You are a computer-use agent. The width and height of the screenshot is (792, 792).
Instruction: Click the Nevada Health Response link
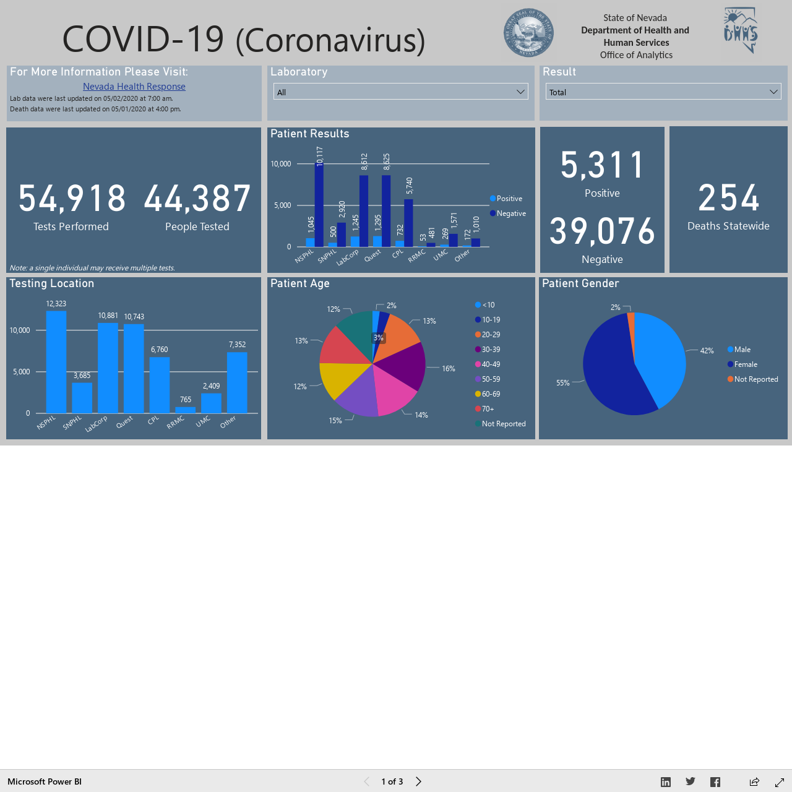(134, 86)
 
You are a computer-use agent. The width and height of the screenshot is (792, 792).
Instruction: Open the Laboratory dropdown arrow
(520, 92)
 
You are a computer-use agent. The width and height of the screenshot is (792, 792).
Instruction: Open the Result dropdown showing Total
(663, 92)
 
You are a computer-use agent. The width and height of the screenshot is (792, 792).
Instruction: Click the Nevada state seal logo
(528, 32)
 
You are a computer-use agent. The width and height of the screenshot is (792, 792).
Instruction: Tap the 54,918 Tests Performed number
(72, 199)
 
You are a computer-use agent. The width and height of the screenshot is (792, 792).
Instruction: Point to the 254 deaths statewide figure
(728, 198)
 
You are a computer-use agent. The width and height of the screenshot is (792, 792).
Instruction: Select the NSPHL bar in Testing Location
(56, 362)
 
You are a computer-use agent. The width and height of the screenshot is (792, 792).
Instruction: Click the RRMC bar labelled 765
(186, 410)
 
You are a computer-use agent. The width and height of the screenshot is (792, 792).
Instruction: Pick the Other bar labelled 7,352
(237, 382)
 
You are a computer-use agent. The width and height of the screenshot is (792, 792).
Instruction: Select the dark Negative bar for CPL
(408, 223)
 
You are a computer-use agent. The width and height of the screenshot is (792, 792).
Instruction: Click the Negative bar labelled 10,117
(319, 205)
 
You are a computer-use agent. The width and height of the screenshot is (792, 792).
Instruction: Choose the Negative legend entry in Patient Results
(508, 213)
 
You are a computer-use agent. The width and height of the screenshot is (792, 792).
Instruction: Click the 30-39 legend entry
(488, 350)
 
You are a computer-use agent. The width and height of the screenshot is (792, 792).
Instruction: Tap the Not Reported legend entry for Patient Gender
(752, 379)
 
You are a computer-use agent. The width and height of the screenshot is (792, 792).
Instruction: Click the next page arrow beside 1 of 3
(418, 781)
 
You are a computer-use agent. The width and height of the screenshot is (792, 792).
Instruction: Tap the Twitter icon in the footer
(691, 781)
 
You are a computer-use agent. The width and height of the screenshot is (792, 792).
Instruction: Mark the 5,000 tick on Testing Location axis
(22, 371)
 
